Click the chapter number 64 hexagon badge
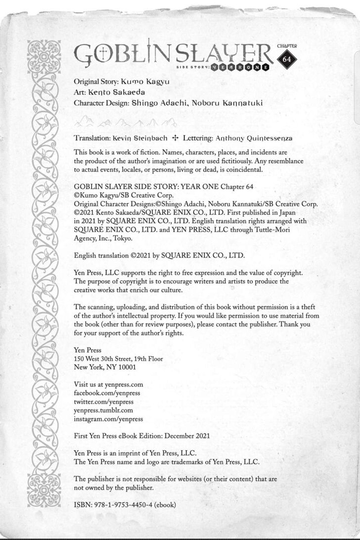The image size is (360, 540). [286, 58]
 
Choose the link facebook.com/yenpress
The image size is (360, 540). [106, 393]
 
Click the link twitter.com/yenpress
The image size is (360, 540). [103, 401]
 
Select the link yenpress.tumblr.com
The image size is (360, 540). [103, 410]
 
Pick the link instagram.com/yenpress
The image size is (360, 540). [108, 418]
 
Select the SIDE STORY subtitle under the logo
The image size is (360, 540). [192, 67]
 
